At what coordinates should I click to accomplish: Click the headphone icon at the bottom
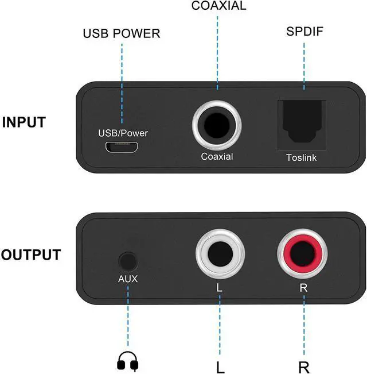pos(128,360)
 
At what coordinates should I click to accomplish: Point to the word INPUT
pos(32,122)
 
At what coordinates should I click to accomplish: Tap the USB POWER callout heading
pos(122,34)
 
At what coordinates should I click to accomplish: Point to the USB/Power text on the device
pos(123,133)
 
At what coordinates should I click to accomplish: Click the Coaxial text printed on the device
pos(217,156)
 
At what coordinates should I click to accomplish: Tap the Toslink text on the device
pos(301,157)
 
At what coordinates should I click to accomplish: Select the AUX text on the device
pos(128,280)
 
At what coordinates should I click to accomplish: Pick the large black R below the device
pos(304,365)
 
